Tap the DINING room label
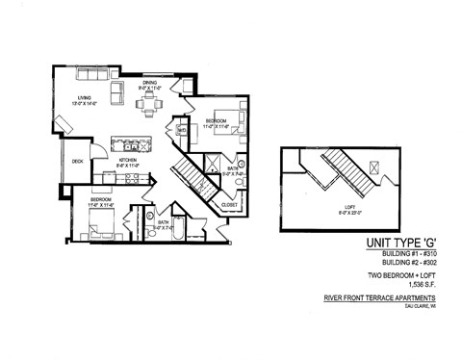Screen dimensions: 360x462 pyautogui.click(x=149, y=83)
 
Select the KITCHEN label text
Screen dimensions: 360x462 pyautogui.click(x=129, y=162)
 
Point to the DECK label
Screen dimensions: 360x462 pyautogui.click(x=77, y=161)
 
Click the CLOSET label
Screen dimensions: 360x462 pyautogui.click(x=229, y=204)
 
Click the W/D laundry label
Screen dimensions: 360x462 pyautogui.click(x=181, y=130)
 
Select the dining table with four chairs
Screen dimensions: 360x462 pyautogui.click(x=148, y=106)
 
